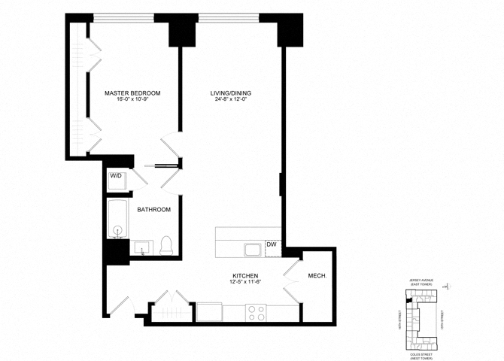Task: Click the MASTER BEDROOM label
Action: tap(132, 93)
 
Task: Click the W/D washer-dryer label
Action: tap(116, 176)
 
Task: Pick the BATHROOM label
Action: tap(153, 209)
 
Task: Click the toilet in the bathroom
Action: tap(167, 244)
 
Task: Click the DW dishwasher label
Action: tap(272, 244)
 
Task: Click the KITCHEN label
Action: tap(246, 276)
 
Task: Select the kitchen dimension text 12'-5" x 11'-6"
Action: tap(246, 283)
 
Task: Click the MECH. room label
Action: tap(317, 276)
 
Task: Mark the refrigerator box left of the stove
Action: tap(209, 311)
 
